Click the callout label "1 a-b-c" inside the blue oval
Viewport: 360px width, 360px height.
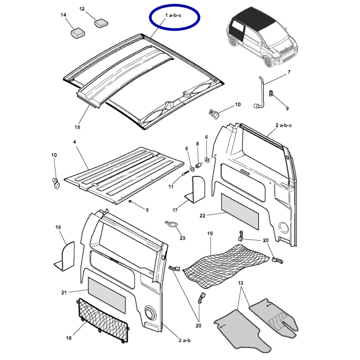click(x=174, y=18)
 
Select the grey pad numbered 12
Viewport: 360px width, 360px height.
click(x=100, y=23)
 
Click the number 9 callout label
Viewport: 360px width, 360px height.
click(x=287, y=109)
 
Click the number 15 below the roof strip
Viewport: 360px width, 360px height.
click(x=78, y=127)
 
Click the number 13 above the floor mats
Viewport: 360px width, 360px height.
click(x=240, y=283)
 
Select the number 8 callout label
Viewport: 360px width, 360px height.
click(x=197, y=143)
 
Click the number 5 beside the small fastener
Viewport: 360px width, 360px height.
click(x=147, y=210)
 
